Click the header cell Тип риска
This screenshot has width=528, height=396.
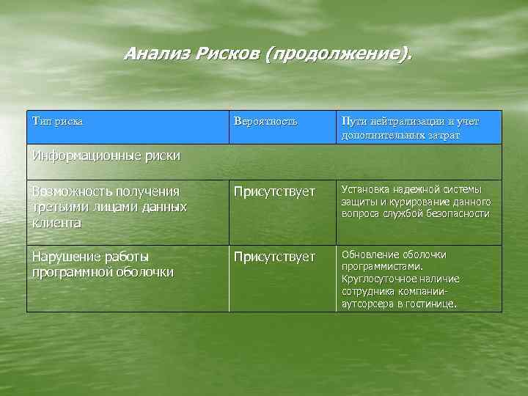pyautogui.click(x=58, y=120)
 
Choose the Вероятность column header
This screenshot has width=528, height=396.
pyautogui.click(x=265, y=120)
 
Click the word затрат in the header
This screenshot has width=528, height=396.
pyautogui.click(x=442, y=135)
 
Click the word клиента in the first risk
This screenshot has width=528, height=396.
pyautogui.click(x=56, y=221)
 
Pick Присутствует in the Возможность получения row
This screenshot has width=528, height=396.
pyautogui.click(x=274, y=192)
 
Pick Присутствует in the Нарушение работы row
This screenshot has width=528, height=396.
pyautogui.click(x=274, y=257)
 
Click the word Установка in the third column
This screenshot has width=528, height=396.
pyautogui.click(x=364, y=189)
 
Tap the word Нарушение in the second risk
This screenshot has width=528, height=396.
pyautogui.click(x=67, y=257)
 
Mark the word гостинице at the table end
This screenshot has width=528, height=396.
pyautogui.click(x=432, y=304)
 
